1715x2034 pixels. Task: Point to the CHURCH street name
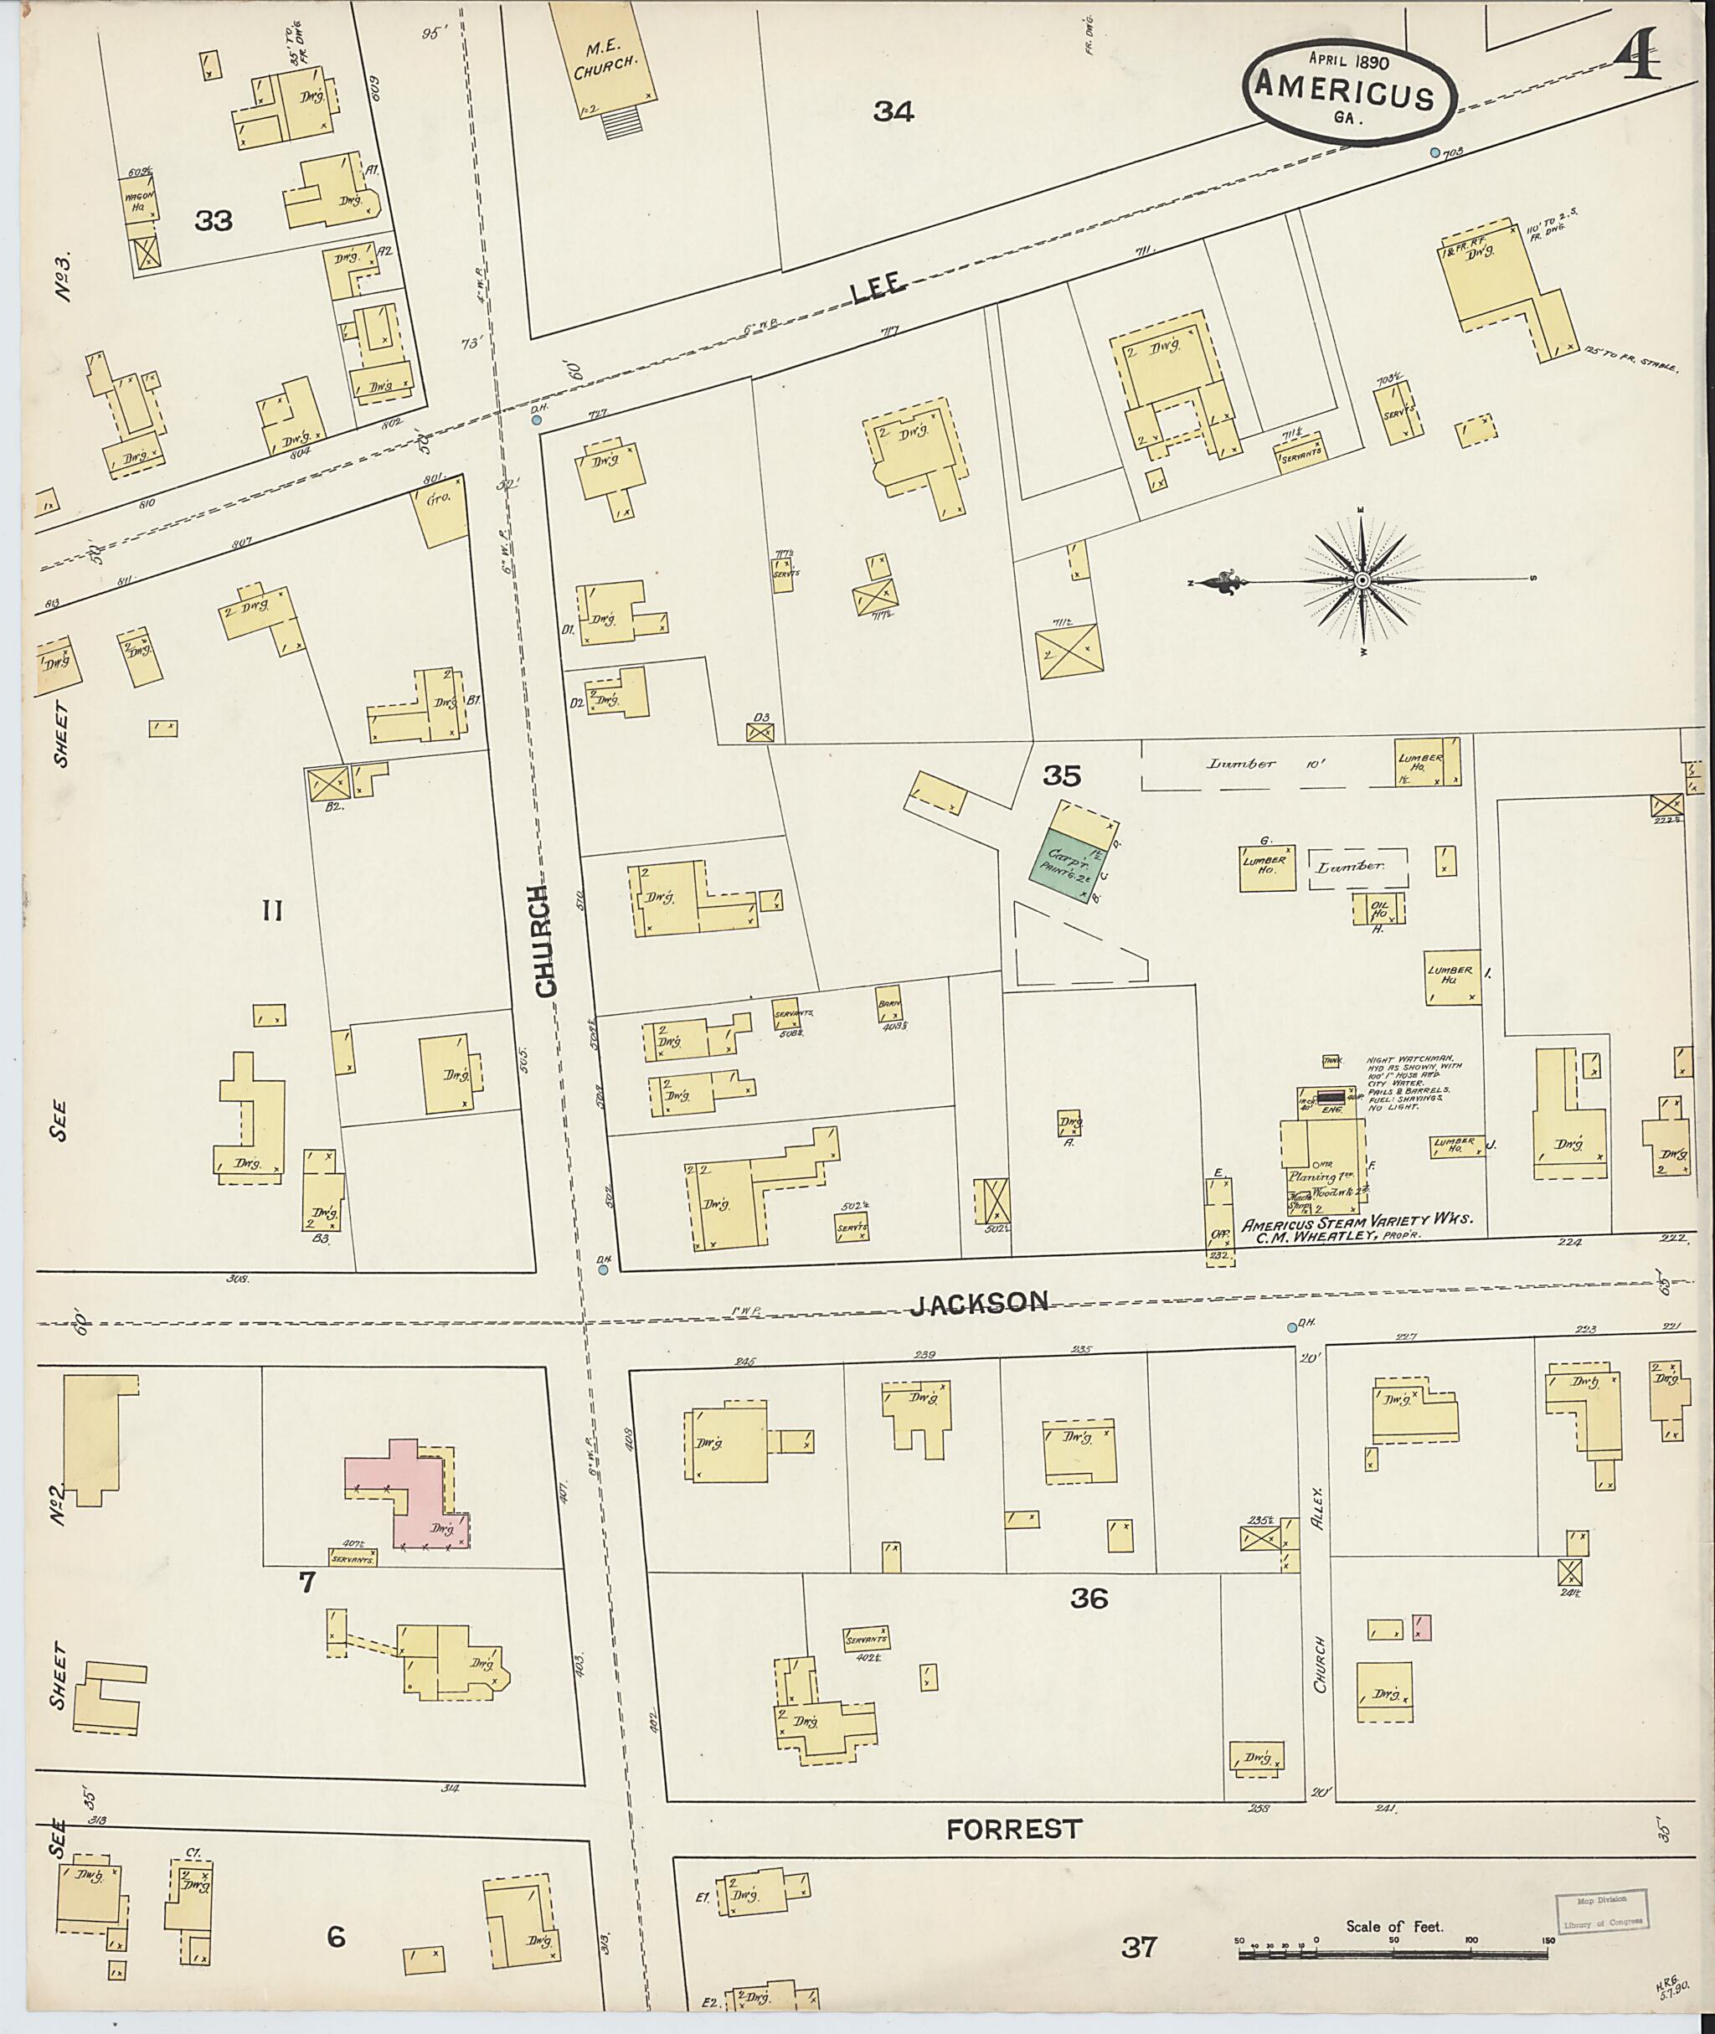tap(546, 940)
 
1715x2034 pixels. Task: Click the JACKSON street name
tap(980, 1304)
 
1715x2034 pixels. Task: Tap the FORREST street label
tap(1013, 1829)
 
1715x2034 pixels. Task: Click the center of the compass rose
tap(1363, 580)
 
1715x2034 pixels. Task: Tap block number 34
tap(893, 112)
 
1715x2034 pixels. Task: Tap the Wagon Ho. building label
tap(138, 198)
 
